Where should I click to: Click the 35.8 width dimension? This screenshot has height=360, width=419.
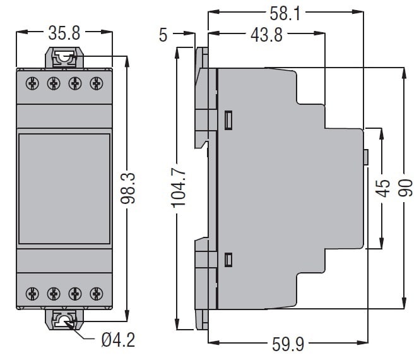click(x=64, y=33)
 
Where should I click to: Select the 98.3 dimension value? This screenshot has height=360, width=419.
click(x=128, y=188)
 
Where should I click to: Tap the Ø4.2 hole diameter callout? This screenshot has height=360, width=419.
click(x=119, y=340)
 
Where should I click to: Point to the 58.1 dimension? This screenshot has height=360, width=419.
click(x=285, y=13)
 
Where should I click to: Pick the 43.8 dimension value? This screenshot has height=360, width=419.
click(x=266, y=35)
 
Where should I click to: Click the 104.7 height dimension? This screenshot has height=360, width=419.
click(x=178, y=189)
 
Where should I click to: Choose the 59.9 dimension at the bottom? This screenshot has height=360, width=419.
click(x=288, y=344)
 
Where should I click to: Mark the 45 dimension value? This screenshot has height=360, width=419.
click(x=382, y=188)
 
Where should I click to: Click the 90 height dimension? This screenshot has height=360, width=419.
click(x=405, y=188)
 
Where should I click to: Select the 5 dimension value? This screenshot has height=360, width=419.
click(x=163, y=35)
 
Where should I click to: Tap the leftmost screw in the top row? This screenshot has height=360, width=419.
click(x=32, y=83)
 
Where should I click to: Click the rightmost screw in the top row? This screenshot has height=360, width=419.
click(x=97, y=83)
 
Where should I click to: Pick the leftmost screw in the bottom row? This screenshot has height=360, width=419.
click(x=32, y=294)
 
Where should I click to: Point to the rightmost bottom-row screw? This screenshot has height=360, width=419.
click(x=97, y=294)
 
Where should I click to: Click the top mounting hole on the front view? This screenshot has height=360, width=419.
click(x=64, y=57)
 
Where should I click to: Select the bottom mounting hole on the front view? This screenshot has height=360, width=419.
click(x=64, y=320)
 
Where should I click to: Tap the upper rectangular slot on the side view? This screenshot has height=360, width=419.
click(x=228, y=121)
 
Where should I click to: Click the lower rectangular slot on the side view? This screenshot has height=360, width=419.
click(x=228, y=260)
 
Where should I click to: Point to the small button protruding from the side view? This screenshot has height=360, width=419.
click(x=366, y=157)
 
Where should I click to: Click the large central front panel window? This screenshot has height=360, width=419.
click(x=64, y=189)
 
